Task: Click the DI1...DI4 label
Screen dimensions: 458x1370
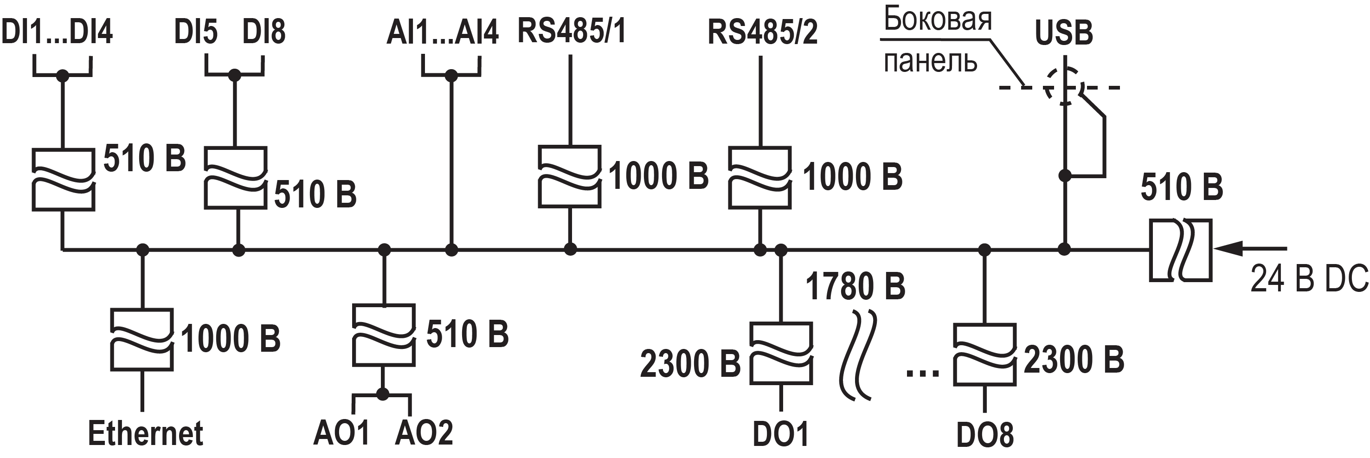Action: coord(57,32)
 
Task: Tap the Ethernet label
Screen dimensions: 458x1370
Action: coord(145,433)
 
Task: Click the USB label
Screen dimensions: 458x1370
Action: coord(1064,33)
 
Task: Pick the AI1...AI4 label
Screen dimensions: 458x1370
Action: coord(443,32)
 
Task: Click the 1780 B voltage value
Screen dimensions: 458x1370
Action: coord(855,286)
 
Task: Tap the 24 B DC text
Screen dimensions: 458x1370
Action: coord(1309,278)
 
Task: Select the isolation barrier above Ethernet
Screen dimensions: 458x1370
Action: coord(142,339)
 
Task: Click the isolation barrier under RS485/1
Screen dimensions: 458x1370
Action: coord(570,176)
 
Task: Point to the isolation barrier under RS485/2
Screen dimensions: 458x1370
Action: coord(760,178)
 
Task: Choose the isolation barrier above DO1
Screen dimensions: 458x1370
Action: coord(781,353)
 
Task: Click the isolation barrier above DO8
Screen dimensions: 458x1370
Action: coord(985,354)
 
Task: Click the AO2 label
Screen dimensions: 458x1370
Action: coord(424,433)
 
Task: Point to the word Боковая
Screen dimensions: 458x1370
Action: coord(938,19)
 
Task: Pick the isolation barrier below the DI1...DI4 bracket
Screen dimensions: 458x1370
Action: coord(63,180)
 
